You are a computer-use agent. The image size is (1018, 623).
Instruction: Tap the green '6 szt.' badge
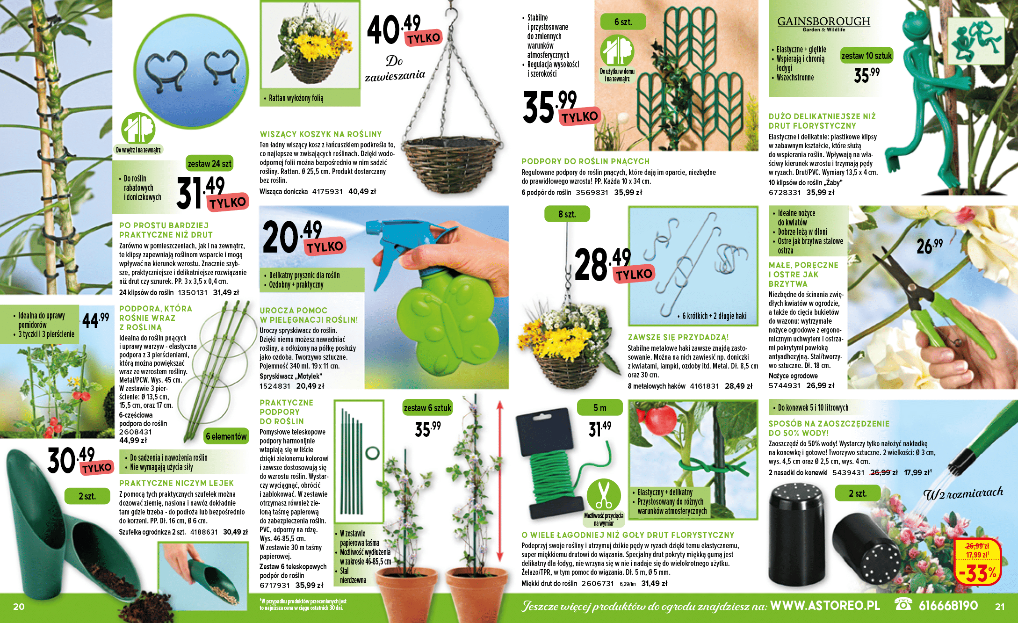pos(623,22)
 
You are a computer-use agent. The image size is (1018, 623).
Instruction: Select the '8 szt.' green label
pos(567,214)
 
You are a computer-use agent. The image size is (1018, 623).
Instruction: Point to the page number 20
pos(19,607)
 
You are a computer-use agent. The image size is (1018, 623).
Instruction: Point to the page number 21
pos(1000,607)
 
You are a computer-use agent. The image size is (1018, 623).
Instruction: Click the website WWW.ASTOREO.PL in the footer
pos(825,606)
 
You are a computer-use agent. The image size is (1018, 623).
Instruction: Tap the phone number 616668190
pos(948,606)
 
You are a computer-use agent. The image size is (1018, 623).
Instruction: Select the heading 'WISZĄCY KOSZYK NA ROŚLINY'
pos(321,134)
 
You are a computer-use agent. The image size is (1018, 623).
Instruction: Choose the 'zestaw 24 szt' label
pos(209,164)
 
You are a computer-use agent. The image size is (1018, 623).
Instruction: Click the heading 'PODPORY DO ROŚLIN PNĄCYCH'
pos(585,161)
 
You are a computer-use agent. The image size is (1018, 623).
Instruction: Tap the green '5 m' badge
pos(599,408)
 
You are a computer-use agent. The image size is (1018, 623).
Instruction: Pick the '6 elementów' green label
pos(226,436)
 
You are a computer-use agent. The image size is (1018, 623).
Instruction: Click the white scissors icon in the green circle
pos(604,495)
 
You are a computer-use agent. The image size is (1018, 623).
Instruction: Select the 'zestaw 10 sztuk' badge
pos(866,56)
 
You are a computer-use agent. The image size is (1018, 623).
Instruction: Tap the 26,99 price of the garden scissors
pos(929,246)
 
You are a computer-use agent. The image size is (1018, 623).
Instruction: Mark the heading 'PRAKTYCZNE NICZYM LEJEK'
pos(176,483)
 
